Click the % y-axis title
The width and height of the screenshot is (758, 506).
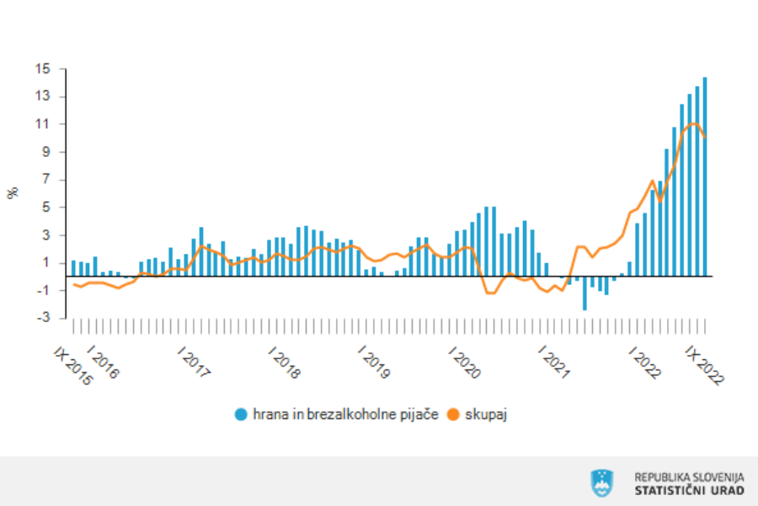coord(13,193)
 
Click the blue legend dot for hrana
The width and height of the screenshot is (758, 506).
coord(242,414)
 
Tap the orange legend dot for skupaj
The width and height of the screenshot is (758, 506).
coord(454,414)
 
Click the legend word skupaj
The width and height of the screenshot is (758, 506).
coord(485,414)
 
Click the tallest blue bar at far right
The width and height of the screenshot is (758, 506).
coord(705,177)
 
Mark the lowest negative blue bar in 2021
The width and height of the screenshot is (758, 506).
coord(585,293)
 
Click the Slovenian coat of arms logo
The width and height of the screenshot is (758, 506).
coord(602,482)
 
